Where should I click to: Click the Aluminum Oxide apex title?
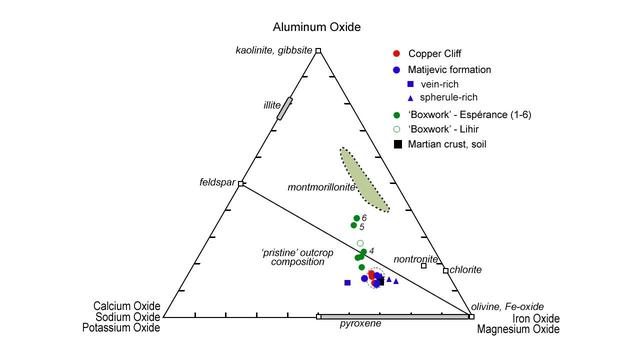point(317,26)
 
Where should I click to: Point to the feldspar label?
point(219,182)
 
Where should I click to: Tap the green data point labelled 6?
point(356,218)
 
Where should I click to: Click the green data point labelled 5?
point(353,226)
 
